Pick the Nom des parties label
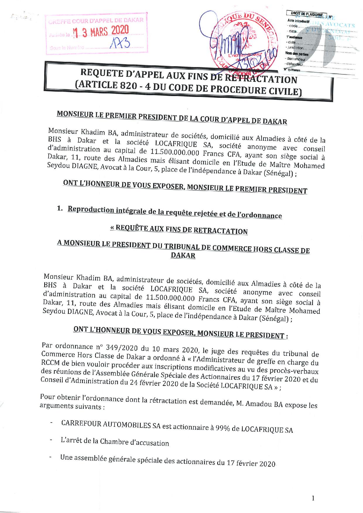[297, 54]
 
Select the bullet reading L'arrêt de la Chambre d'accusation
[114, 442]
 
